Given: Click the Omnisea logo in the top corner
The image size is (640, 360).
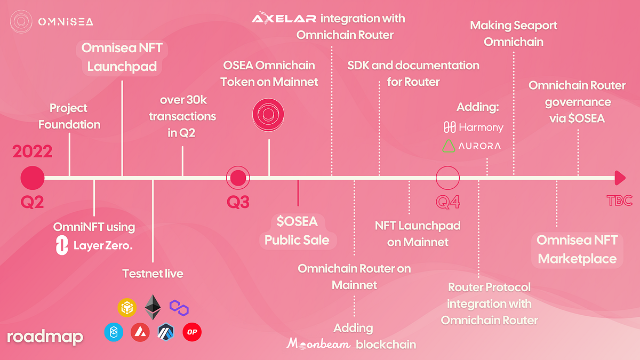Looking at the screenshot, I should [x=20, y=22].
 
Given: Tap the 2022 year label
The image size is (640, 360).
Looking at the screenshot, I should [x=32, y=151].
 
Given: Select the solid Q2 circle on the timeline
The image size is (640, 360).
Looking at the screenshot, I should [x=33, y=178].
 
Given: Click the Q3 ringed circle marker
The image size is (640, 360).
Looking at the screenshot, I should [x=238, y=178].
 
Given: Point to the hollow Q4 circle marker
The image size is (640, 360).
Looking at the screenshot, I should [x=447, y=178].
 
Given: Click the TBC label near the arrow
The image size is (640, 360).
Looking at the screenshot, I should [x=619, y=201].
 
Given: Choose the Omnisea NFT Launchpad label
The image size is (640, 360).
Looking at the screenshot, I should [x=122, y=58].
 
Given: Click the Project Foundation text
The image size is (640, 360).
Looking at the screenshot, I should [x=69, y=116].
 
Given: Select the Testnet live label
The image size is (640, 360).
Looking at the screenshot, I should [x=153, y=274].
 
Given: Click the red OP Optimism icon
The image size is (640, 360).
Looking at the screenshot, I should [x=192, y=332].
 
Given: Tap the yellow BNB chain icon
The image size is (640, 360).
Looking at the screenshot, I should [x=126, y=308].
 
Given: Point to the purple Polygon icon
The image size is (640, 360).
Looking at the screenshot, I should [x=179, y=307].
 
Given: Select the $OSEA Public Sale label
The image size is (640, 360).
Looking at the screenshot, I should [x=297, y=230].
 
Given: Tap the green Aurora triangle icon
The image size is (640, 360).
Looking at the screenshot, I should [x=450, y=146].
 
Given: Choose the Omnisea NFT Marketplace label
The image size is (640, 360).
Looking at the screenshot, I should [x=577, y=249].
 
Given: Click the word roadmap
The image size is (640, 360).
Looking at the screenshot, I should [x=45, y=337].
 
